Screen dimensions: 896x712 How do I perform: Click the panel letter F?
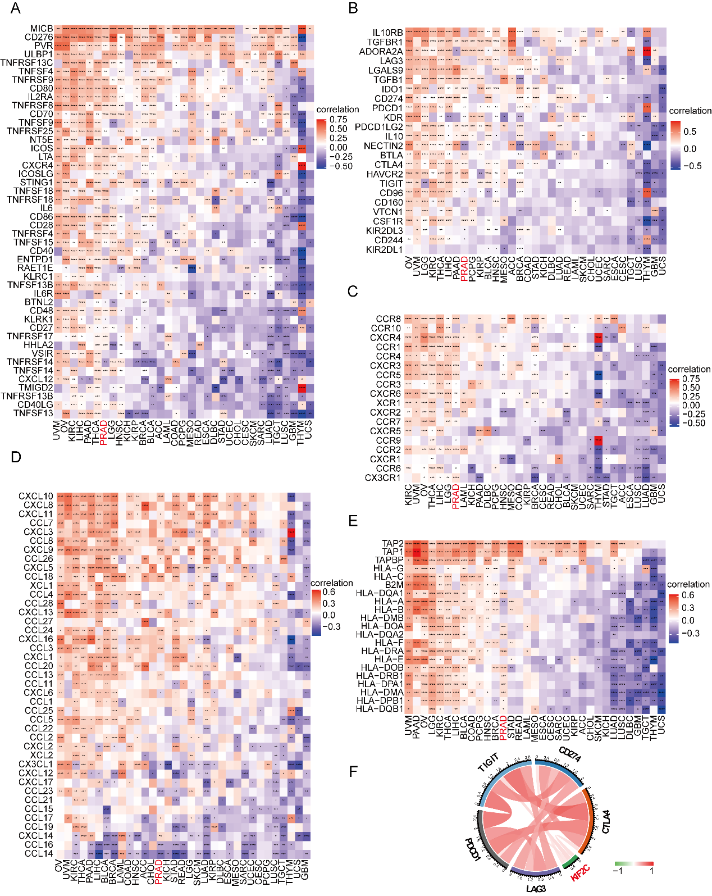tap(353, 771)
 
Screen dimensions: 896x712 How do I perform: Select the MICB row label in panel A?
tap(42, 29)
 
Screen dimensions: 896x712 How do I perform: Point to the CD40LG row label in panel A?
tap(35, 404)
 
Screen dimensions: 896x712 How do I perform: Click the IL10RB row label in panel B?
tap(387, 33)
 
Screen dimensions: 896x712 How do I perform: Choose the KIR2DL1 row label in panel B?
tap(384, 249)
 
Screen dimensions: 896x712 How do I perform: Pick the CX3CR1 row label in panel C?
tap(382, 478)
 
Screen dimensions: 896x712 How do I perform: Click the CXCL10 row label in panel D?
tap(36, 496)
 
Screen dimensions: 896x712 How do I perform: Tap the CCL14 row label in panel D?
tap(39, 853)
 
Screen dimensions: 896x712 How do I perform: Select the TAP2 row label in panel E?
tap(392, 543)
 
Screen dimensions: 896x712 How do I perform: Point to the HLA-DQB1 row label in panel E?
tap(380, 709)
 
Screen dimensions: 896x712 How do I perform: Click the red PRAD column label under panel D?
tap(158, 872)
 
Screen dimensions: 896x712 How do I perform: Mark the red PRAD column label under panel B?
tap(464, 269)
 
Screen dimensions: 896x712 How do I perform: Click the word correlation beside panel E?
tap(688, 584)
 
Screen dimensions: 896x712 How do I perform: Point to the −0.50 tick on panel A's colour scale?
tap(341, 166)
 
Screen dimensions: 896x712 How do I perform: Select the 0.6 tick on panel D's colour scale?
tap(329, 592)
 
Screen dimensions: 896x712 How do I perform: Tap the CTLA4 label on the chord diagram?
tap(606, 821)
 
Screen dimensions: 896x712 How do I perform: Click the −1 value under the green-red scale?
tap(619, 871)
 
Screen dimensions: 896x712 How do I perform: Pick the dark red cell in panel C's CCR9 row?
tap(598, 440)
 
